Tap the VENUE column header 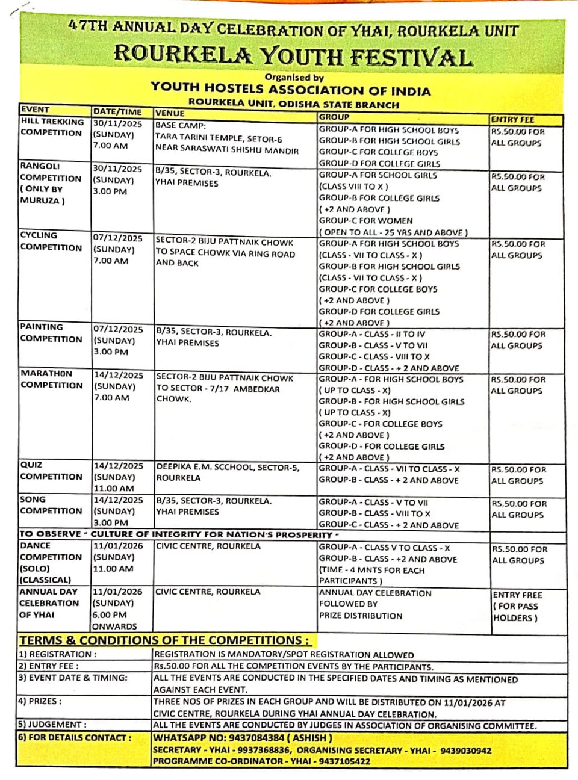(x=170, y=113)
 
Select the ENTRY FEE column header (x=512, y=119)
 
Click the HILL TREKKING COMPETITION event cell (x=52, y=127)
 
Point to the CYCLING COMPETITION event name (x=51, y=241)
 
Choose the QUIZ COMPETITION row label (x=51, y=471)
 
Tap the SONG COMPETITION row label (x=51, y=505)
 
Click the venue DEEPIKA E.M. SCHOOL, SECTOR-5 (x=228, y=467)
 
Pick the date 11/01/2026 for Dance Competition (x=118, y=546)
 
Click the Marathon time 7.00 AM (x=111, y=398)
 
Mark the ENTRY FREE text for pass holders (x=517, y=595)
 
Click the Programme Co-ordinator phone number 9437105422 (x=337, y=761)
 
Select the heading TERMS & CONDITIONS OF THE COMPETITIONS (x=164, y=640)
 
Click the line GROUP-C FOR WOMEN (x=365, y=221)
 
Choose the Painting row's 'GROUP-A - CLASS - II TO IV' (x=372, y=334)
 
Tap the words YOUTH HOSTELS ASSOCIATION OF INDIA (x=291, y=90)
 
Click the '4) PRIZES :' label (x=40, y=701)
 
